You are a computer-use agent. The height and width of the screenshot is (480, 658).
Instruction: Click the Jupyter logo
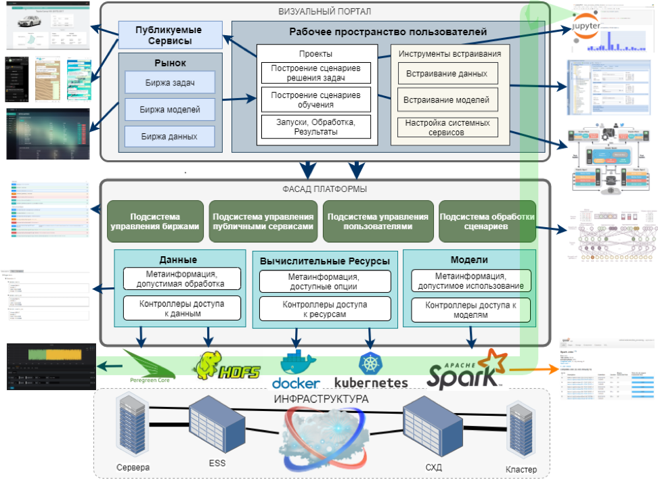[x=586, y=27]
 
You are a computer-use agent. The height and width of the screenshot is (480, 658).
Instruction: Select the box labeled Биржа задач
[x=169, y=82]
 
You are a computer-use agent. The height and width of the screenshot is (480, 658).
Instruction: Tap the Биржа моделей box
[x=169, y=110]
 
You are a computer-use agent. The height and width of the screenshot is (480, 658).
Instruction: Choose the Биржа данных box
[x=169, y=137]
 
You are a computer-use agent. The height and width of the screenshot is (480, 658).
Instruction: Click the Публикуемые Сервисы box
[x=169, y=34]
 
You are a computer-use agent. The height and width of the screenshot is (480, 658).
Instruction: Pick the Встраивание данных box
[x=447, y=74]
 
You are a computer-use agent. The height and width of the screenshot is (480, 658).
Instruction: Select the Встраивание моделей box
[x=447, y=100]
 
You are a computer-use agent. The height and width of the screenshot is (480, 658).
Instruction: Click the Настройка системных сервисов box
[x=447, y=128]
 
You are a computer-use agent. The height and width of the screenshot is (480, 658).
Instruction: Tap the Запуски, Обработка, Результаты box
[x=317, y=126]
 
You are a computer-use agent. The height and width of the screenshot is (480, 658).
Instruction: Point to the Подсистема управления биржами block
[x=155, y=221]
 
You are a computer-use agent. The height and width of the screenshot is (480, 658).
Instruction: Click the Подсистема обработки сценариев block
[x=487, y=221]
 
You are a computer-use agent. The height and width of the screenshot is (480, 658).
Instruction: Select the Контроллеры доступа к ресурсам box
[x=325, y=310]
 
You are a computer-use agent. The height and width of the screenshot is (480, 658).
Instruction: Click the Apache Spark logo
[x=467, y=368]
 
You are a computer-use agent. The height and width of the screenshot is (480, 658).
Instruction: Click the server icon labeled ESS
[x=217, y=426]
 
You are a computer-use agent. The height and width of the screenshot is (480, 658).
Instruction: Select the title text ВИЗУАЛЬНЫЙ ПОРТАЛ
[x=324, y=11]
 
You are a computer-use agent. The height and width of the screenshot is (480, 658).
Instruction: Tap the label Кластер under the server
[x=521, y=469]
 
